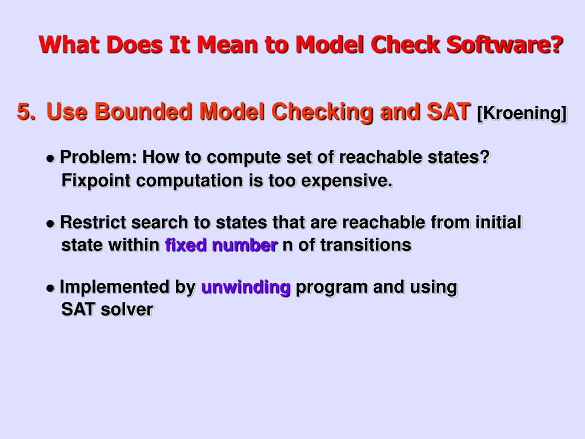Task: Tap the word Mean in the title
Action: [x=225, y=44]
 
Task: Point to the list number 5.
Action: [x=26, y=112]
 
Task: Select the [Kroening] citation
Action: [x=522, y=114]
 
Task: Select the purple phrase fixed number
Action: [x=221, y=245]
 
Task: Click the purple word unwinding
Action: [x=246, y=287]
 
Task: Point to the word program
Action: [x=332, y=287]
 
